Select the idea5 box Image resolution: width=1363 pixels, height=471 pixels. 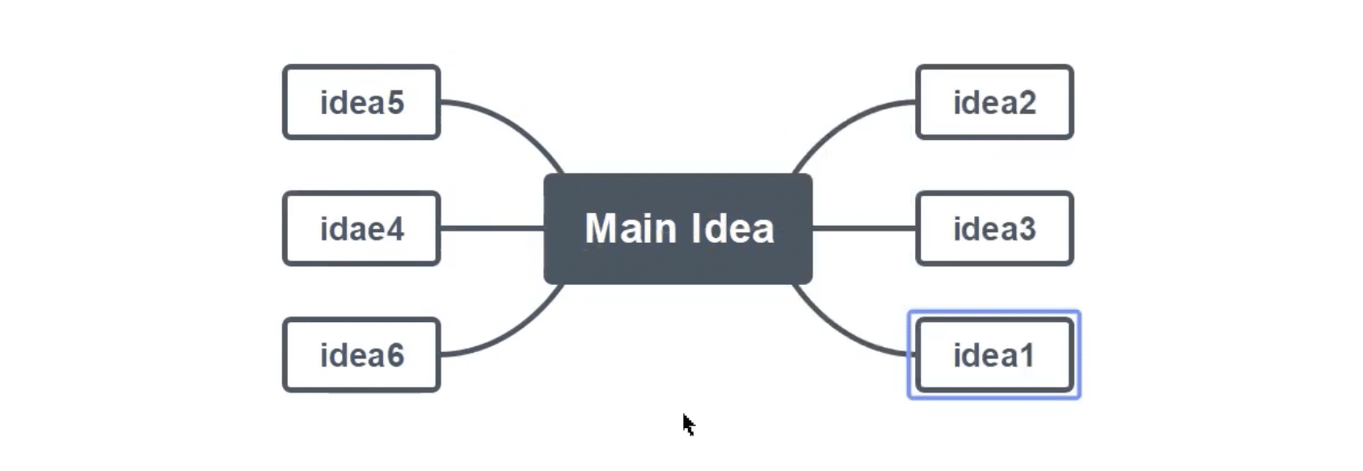[x=361, y=102]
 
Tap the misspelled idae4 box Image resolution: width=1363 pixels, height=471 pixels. [x=361, y=228]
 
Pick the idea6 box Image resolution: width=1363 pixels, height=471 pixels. [x=361, y=354]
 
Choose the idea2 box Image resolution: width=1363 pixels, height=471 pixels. [x=994, y=102]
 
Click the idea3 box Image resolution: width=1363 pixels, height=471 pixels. [x=994, y=228]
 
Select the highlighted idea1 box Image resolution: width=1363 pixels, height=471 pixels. [x=994, y=354]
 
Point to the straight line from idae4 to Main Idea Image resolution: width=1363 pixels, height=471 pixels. [x=492, y=228]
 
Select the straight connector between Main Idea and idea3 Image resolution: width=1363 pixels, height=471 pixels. [x=864, y=228]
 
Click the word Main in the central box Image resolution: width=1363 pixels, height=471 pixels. [x=631, y=228]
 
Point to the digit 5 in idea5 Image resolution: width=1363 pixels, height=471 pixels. [x=395, y=103]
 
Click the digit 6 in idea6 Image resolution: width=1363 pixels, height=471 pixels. [x=395, y=355]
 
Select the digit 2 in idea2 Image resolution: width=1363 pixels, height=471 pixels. [x=1027, y=103]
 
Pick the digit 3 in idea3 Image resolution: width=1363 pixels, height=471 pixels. [x=1027, y=229]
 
